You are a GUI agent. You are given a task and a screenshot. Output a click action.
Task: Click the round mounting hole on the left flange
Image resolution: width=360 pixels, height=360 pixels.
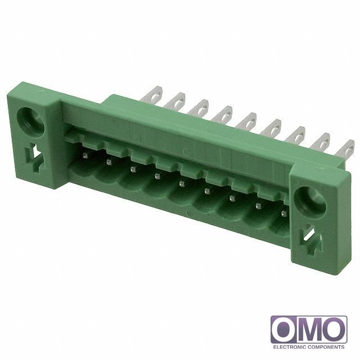pos(30,119)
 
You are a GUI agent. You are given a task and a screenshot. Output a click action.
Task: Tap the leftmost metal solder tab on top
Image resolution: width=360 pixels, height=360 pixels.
pos(152,94)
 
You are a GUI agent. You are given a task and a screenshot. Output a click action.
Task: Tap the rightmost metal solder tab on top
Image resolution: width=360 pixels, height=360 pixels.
pos(344,148)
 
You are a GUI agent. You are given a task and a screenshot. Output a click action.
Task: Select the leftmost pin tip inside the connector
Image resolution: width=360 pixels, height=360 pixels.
pos(85,156)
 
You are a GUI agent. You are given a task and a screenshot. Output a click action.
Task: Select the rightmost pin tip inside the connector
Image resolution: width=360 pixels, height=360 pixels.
pos(283,213)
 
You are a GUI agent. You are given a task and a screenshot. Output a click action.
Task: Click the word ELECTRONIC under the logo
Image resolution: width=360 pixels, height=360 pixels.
pos(289,347)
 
